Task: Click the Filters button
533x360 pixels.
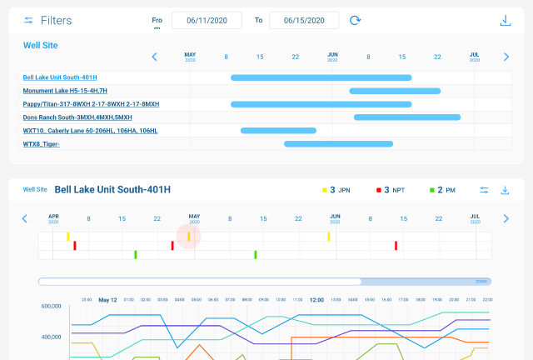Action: (x=47, y=20)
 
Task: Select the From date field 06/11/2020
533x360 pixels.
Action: (x=207, y=20)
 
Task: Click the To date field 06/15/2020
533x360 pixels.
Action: (x=304, y=20)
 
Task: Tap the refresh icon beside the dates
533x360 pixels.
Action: (x=356, y=20)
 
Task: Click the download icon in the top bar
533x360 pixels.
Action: (x=505, y=20)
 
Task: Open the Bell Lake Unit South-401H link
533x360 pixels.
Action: (x=66, y=77)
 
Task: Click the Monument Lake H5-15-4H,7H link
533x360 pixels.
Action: (x=65, y=91)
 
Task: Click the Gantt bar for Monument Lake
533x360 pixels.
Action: (x=395, y=91)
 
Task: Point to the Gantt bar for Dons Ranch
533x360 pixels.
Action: (x=407, y=117)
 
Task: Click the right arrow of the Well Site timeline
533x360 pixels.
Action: (x=506, y=57)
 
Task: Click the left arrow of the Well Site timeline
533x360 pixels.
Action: (x=154, y=57)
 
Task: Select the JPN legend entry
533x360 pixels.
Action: (x=336, y=190)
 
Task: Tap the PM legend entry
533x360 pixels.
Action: (x=442, y=190)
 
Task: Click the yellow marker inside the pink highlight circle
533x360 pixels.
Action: (x=189, y=237)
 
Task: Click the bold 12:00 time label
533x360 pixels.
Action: (x=316, y=299)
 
